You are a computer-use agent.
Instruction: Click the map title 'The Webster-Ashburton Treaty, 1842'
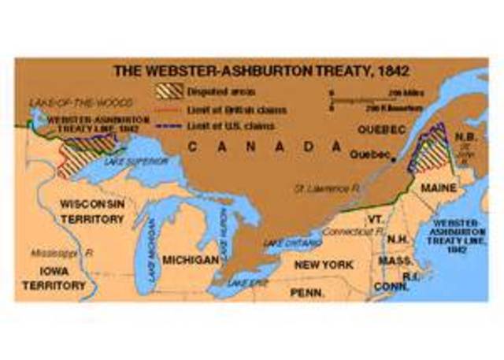tap(251, 69)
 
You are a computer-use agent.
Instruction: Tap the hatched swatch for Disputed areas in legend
tap(167, 90)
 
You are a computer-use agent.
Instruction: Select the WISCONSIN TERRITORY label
tap(91, 211)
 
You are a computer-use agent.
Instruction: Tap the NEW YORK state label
tap(323, 265)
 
